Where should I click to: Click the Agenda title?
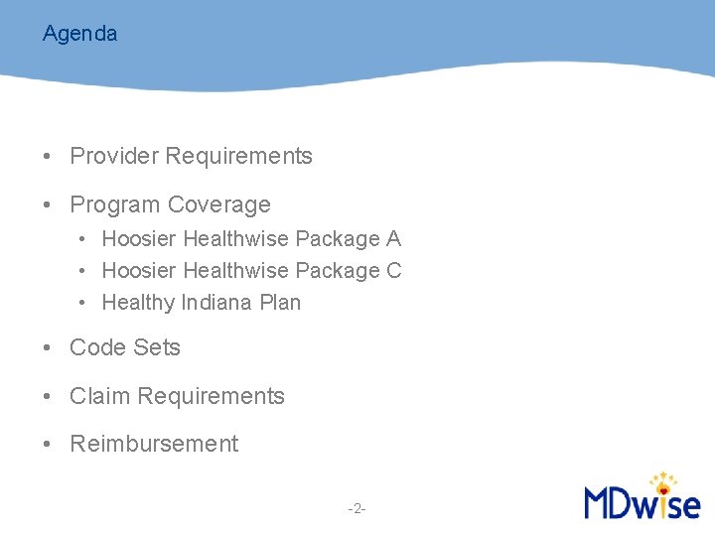pos(79,34)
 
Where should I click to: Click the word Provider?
pos(114,156)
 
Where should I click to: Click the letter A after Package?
pos(393,239)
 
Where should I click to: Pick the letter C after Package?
pos(393,271)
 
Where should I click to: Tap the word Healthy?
pos(138,303)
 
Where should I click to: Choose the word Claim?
pos(100,396)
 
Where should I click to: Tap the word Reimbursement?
pos(154,444)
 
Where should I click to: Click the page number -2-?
pos(357,509)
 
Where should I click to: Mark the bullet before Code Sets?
pos(47,348)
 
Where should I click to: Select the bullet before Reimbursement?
pos(47,445)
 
